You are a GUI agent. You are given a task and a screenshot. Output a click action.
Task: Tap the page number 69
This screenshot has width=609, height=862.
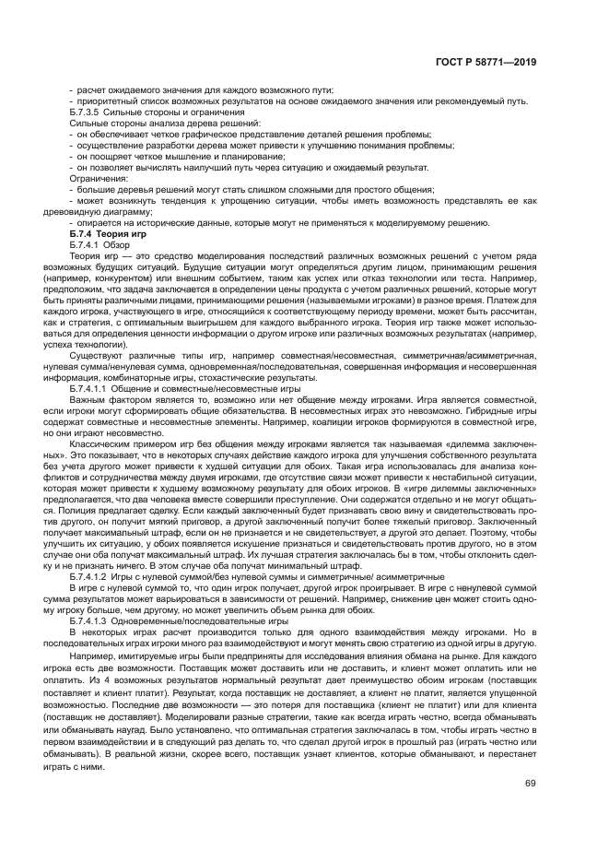[530, 784]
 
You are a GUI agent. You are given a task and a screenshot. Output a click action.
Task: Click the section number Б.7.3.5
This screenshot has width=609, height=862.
[88, 112]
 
